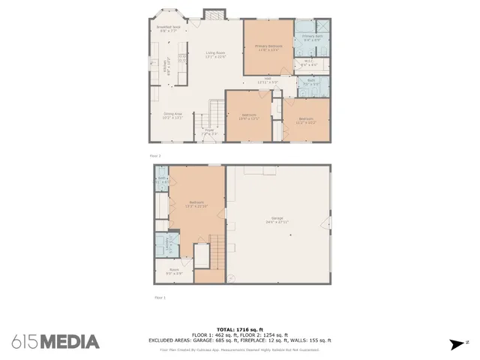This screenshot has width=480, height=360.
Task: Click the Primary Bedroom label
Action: point(268,48)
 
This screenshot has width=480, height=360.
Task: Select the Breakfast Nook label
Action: point(167,29)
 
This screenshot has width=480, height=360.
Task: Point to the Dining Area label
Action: point(173,116)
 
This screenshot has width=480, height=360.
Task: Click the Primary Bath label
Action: point(312,37)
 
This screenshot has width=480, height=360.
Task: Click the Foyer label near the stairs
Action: point(210,131)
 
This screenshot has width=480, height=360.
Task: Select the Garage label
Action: point(277,221)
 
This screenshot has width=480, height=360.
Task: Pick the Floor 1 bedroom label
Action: point(196,204)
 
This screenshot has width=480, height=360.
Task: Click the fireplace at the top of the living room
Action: point(214,15)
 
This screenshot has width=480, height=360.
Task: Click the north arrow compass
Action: point(455,344)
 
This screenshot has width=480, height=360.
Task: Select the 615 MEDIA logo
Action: point(55,341)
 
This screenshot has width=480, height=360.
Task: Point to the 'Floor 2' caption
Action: point(155,155)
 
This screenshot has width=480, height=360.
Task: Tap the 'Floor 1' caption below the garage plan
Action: point(159,298)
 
